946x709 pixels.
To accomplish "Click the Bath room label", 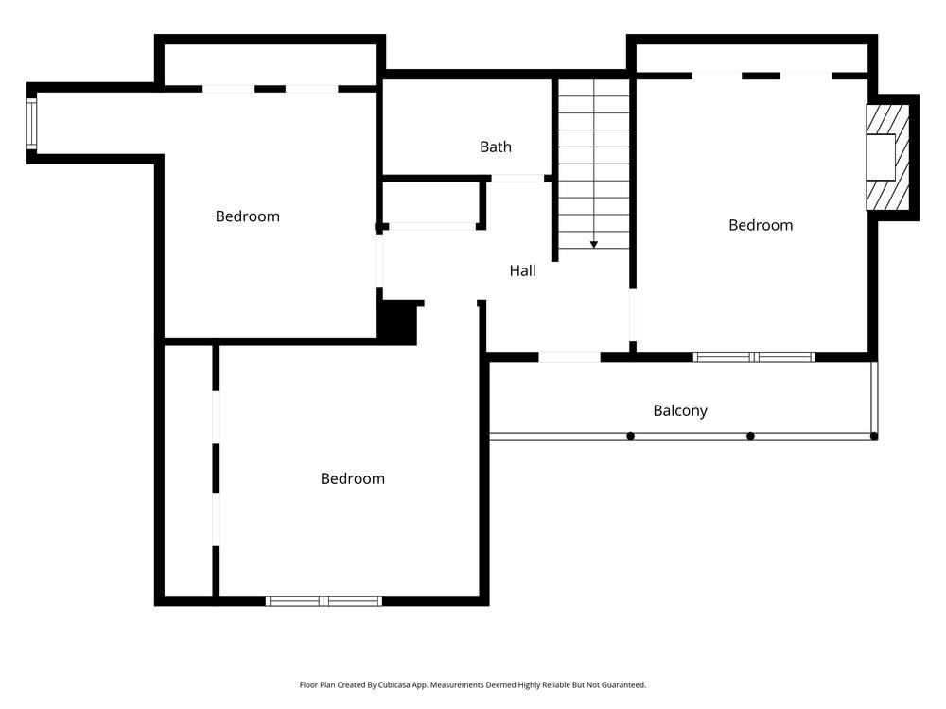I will [495, 147].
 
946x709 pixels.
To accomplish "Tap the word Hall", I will [522, 270].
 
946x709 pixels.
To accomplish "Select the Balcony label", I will [679, 410].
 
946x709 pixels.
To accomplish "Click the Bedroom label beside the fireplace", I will [760, 225].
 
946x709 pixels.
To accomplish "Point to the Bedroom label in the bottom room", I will [352, 478].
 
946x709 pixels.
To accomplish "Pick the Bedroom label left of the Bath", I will [247, 216].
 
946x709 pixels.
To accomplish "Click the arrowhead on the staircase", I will [593, 244].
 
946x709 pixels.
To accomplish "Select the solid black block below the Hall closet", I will [397, 321].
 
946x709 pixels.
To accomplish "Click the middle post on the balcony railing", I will [750, 436].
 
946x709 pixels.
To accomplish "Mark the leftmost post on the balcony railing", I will [630, 436].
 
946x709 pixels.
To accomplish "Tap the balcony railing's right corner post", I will [873, 436].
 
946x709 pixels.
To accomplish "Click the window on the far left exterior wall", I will [31, 125].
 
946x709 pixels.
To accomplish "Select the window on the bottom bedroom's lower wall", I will [324, 600].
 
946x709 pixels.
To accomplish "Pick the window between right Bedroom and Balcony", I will [754, 357].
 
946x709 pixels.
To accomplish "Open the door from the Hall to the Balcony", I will [569, 357].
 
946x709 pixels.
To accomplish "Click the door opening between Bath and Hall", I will [517, 178].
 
